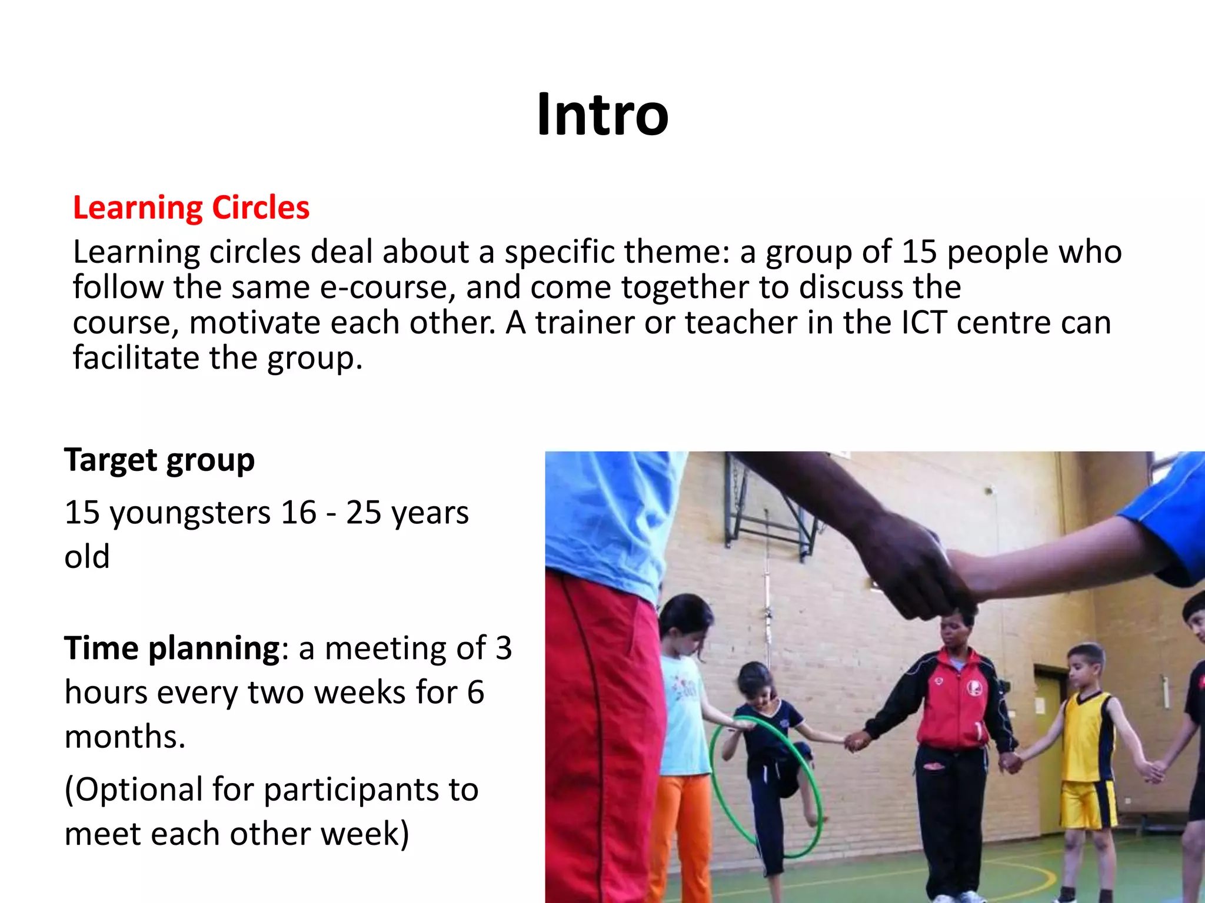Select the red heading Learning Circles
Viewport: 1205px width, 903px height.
point(191,208)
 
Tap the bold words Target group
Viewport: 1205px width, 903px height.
point(159,460)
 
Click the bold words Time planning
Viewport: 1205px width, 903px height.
point(172,648)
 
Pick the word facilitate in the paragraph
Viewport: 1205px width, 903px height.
point(136,358)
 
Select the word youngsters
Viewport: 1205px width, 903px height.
point(190,513)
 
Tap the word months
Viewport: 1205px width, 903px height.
point(125,737)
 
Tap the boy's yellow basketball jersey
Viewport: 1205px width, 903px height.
point(1089,735)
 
